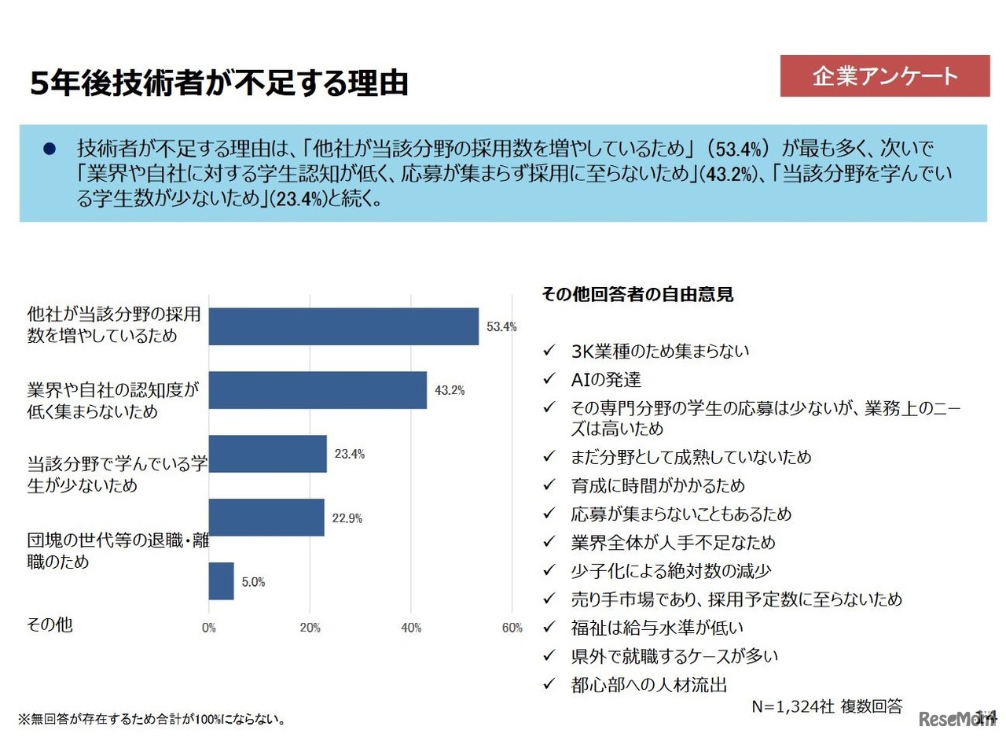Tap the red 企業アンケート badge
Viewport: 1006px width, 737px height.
[x=884, y=76]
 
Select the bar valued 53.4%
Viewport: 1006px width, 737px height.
[x=343, y=326]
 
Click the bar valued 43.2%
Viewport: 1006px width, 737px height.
[x=318, y=390]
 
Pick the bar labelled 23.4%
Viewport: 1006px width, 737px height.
[x=267, y=454]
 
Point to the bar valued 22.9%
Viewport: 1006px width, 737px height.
[x=266, y=518]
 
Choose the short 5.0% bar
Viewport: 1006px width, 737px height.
[x=221, y=581]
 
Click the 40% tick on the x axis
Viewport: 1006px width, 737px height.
[x=411, y=628]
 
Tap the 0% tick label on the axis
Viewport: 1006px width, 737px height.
[x=209, y=628]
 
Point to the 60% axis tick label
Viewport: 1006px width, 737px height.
[x=512, y=628]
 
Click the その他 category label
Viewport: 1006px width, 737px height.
[x=50, y=625]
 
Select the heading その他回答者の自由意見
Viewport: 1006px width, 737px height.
[x=637, y=295]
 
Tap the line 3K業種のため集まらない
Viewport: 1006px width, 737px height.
[x=660, y=351]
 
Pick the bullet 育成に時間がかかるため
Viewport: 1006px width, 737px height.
[x=658, y=485]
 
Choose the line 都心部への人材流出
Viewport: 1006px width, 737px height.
[x=648, y=684]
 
